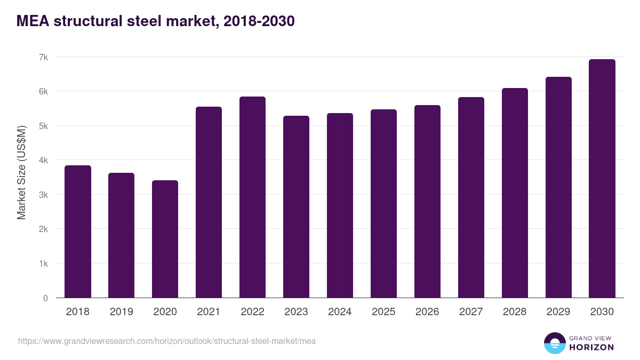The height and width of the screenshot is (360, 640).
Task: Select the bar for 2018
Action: (78, 232)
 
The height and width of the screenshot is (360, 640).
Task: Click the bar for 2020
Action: (165, 239)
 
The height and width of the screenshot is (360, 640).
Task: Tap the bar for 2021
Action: (209, 203)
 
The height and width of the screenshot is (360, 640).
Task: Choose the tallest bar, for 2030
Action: (602, 179)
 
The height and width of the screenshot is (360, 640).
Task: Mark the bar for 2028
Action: (515, 193)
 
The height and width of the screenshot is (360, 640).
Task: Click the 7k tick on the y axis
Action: (43, 57)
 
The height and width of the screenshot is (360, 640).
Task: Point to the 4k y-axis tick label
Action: (43, 161)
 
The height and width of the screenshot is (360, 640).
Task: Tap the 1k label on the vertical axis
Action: (43, 264)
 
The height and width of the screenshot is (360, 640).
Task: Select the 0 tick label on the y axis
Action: (45, 298)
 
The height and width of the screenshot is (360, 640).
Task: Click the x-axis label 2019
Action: (121, 312)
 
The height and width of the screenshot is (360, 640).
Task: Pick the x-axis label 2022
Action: (252, 312)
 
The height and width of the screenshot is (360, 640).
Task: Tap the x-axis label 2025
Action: (383, 312)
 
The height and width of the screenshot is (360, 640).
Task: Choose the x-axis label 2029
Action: (558, 312)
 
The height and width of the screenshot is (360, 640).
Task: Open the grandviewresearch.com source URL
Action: (167, 341)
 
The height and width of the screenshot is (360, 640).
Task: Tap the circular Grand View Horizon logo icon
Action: (555, 343)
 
